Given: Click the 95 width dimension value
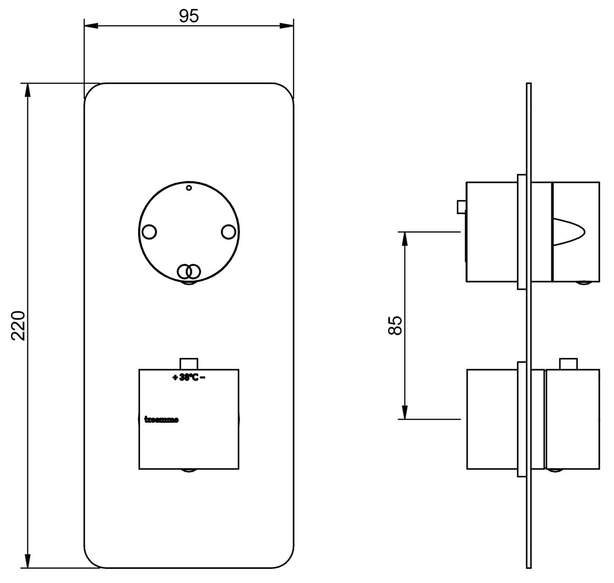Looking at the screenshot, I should [189, 16].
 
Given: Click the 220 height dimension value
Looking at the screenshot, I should [18, 326].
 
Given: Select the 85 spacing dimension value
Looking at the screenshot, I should [395, 326].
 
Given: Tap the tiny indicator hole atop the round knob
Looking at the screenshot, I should [189, 188].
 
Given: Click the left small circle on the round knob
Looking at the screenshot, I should [149, 232].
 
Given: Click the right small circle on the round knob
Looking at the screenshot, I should [228, 232].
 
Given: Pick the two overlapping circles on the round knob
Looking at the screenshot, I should [189, 271].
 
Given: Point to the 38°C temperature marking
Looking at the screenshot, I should [189, 377].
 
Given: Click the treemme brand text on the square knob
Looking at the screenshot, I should [161, 420].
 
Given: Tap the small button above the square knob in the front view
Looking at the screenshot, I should [189, 363].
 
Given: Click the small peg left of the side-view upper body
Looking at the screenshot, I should [461, 207].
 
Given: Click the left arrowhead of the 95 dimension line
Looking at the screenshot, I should [91, 26].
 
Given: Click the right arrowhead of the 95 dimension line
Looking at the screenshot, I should [287, 26].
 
